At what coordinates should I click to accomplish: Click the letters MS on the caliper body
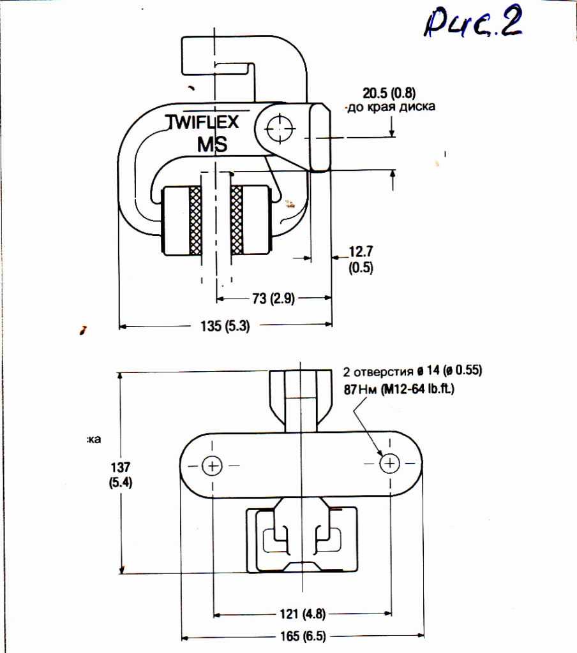coord(212,144)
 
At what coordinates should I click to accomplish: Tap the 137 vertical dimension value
coord(120,467)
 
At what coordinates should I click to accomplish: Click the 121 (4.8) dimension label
coord(303,615)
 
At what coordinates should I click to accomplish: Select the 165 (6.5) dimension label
coord(303,636)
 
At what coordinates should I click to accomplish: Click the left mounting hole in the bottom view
coord(211,466)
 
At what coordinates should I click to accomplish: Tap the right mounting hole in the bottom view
coord(389,464)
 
